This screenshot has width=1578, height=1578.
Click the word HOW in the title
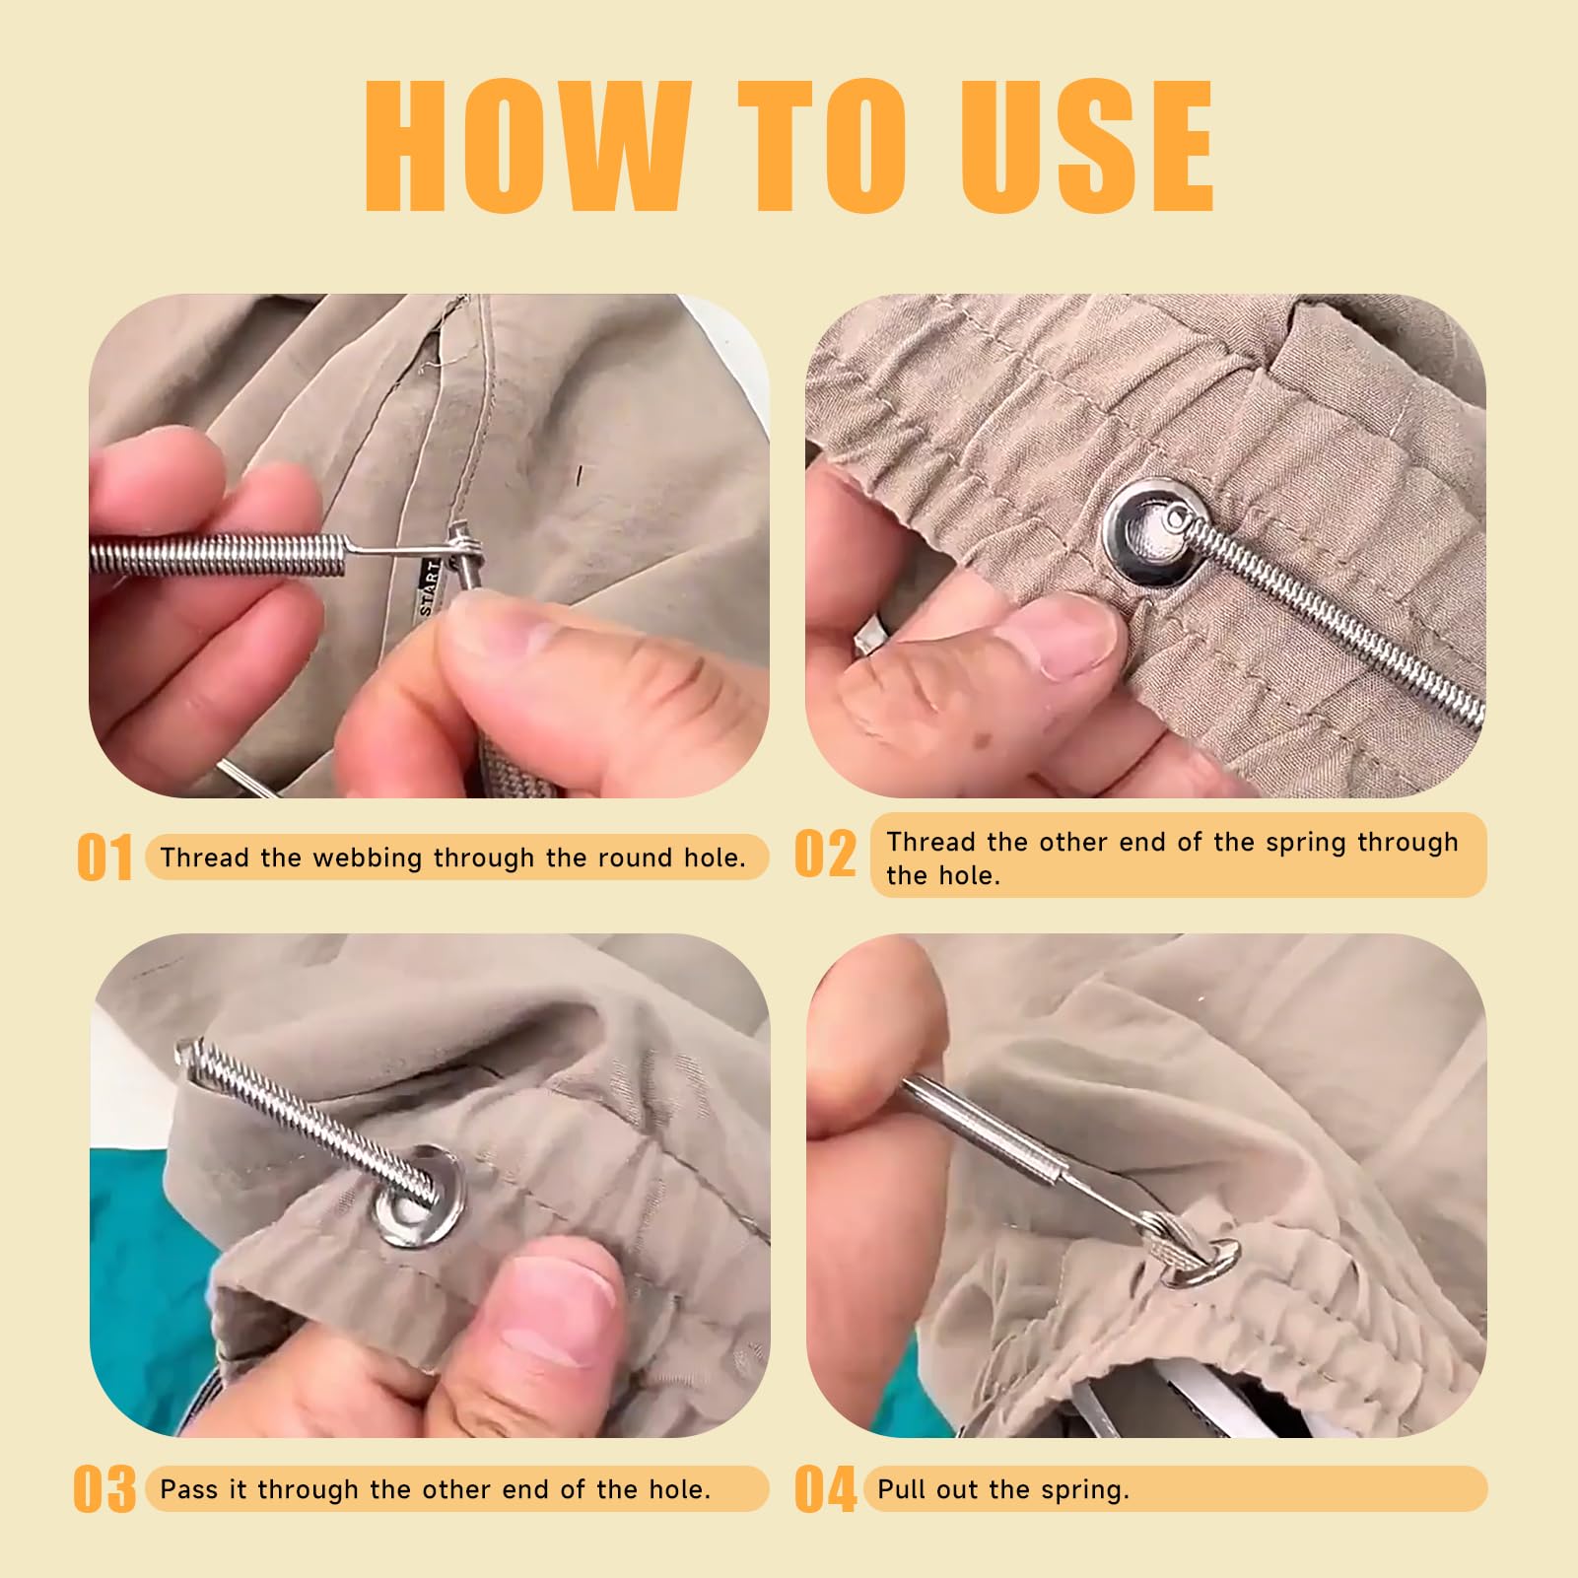pyautogui.click(x=528, y=146)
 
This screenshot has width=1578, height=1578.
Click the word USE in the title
pyautogui.click(x=1088, y=146)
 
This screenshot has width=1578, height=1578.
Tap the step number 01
pyautogui.click(x=104, y=858)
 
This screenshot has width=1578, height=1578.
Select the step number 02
pyautogui.click(x=826, y=854)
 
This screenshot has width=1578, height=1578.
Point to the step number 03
pyautogui.click(x=105, y=1488)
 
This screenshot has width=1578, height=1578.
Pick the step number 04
pyautogui.click(x=826, y=1489)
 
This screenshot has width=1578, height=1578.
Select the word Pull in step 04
pyautogui.click(x=903, y=1488)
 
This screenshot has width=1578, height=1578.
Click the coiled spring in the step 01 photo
pyautogui.click(x=218, y=555)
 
